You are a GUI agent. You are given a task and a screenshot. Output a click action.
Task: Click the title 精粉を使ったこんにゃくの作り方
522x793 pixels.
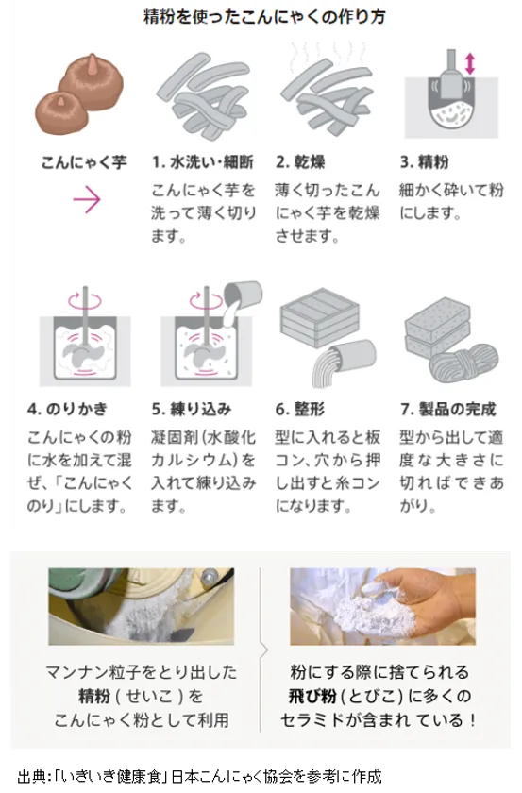pyautogui.click(x=264, y=17)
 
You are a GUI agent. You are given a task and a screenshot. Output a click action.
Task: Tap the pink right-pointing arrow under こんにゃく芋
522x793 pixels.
pyautogui.click(x=87, y=200)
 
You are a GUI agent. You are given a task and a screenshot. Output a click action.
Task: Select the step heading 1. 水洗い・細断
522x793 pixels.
pyautogui.click(x=203, y=162)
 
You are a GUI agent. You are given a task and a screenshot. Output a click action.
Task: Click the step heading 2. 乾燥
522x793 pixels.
pyautogui.click(x=300, y=162)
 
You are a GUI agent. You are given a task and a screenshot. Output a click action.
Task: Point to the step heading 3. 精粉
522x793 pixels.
pyautogui.click(x=425, y=162)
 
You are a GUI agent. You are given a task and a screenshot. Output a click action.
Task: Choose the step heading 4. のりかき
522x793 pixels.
pyautogui.click(x=67, y=409)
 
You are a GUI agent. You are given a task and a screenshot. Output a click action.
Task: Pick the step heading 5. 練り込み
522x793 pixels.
pyautogui.click(x=192, y=409)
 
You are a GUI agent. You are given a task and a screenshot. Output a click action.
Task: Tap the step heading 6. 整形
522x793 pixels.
pyautogui.click(x=300, y=409)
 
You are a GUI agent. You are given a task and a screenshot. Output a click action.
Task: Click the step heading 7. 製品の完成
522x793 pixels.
pyautogui.click(x=448, y=409)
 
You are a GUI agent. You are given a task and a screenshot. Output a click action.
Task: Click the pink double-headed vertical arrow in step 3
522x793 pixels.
pyautogui.click(x=470, y=64)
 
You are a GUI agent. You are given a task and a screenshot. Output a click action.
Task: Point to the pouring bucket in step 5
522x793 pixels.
pyautogui.click(x=244, y=295)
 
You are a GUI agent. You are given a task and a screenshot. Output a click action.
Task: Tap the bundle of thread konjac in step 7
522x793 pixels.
pyautogui.click(x=463, y=363)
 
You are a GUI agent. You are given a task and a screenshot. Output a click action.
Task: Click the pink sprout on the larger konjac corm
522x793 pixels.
pyautogui.click(x=93, y=63)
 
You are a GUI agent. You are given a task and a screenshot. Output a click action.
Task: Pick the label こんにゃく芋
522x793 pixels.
pyautogui.click(x=84, y=162)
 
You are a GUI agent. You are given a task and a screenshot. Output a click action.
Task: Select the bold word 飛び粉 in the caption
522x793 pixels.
pyautogui.click(x=312, y=697)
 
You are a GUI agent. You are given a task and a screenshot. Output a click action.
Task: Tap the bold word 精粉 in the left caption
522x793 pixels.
pyautogui.click(x=94, y=697)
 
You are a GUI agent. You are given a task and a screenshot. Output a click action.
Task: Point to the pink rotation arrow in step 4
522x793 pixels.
pyautogui.click(x=85, y=300)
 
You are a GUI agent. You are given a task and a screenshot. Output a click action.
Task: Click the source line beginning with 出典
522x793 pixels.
pyautogui.click(x=199, y=776)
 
